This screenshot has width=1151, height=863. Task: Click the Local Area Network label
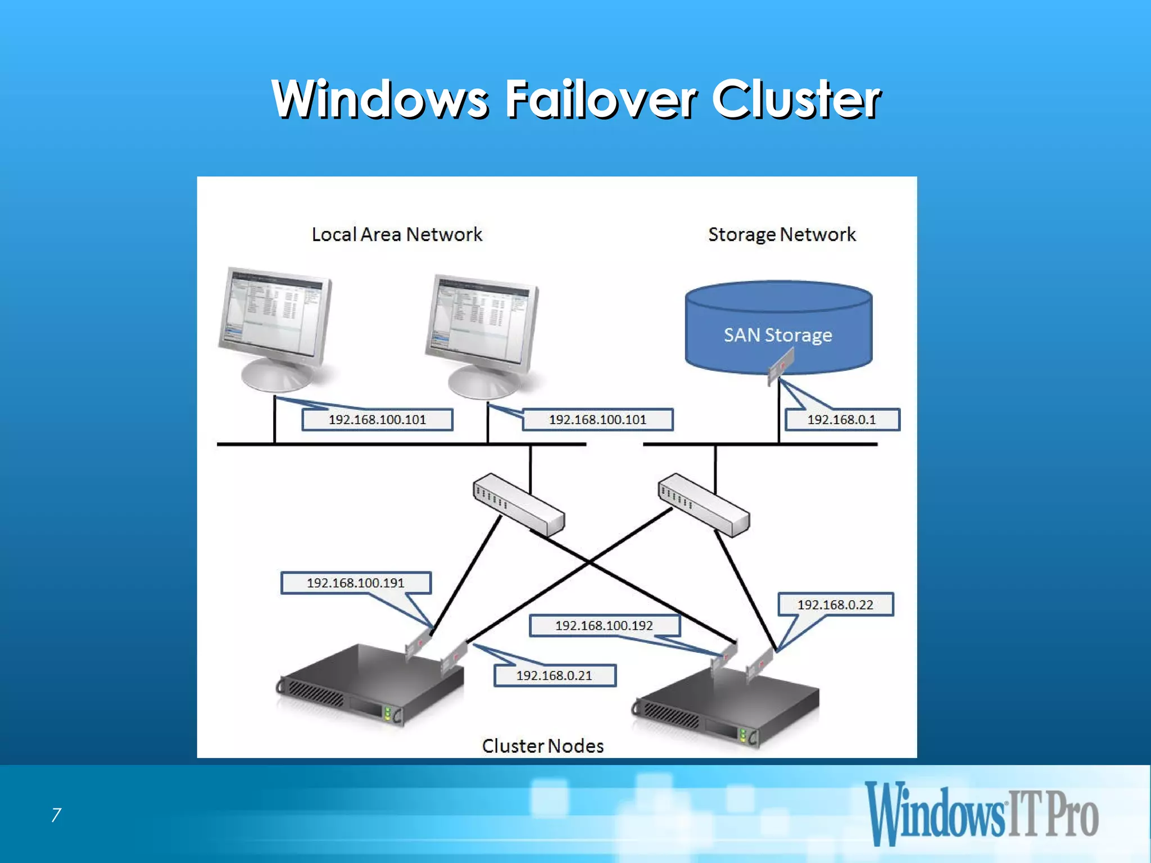point(397,234)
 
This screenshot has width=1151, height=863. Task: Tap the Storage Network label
point(781,234)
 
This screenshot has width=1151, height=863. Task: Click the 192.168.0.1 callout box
point(841,420)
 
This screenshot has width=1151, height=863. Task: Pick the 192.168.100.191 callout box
point(356,583)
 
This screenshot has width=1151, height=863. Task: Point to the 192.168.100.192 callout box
point(604,625)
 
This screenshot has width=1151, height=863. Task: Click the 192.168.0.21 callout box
point(555,675)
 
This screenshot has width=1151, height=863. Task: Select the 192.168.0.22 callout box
point(835,605)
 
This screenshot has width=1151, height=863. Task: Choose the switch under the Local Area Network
point(518,504)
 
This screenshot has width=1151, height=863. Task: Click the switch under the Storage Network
point(704,504)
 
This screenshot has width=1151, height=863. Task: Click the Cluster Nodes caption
point(542,746)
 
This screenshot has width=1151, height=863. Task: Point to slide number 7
point(56,815)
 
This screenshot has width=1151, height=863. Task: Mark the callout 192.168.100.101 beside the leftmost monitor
point(377,420)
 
